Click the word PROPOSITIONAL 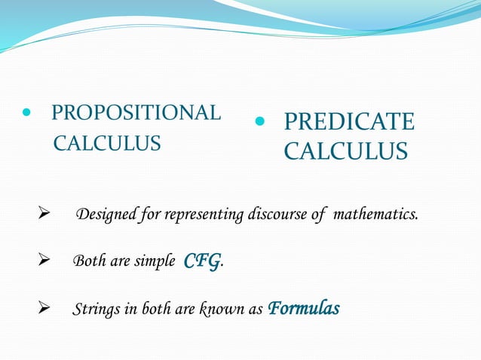136,114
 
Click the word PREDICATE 349,122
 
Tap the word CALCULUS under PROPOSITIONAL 106,143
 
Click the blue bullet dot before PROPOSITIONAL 28,114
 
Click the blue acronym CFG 202,261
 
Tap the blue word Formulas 304,309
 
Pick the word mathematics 375,215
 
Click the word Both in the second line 87,262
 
